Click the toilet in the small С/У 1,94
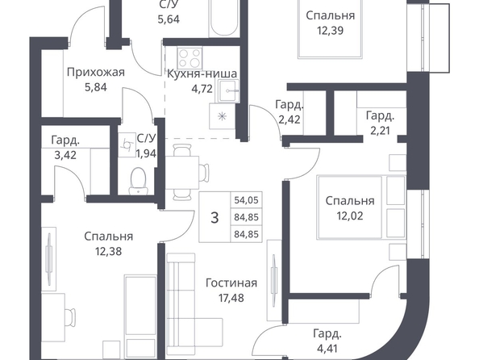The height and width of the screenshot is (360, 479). pos(139,181)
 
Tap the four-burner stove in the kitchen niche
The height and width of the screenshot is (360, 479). pos(190,58)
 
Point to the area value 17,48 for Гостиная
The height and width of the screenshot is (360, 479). pos(231,298)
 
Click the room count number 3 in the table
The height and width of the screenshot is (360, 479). pos(215,218)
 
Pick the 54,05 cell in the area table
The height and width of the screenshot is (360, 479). pos(246,200)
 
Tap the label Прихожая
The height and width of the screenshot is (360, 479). pos(96,73)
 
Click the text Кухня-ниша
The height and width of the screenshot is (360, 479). pos(202,73)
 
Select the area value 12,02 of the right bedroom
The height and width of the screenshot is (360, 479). pos(350,216)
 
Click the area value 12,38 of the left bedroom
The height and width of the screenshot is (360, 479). pos(108,251)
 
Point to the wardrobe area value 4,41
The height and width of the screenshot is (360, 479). pos(327,349)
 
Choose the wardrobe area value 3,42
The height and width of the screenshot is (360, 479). pos(65,155)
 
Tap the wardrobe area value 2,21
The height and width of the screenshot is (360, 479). pos(381,131)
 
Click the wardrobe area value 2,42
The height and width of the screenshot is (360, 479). pos(289,119)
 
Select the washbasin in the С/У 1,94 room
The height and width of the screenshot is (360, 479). pos(127,145)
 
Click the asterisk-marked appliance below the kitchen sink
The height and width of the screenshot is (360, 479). pos(222,116)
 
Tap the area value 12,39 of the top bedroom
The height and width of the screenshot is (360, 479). pos(331,31)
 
